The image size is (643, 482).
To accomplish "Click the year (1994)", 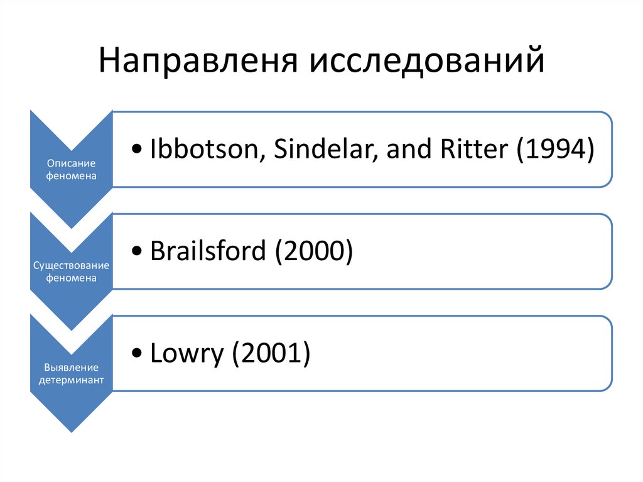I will [x=554, y=151].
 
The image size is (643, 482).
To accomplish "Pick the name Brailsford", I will [x=208, y=252].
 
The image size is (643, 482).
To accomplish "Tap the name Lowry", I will [x=187, y=354].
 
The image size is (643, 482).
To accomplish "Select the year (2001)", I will [x=271, y=354].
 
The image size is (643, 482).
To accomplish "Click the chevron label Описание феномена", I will [x=72, y=169].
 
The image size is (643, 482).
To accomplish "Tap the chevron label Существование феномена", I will [x=72, y=271].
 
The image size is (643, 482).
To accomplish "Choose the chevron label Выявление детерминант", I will [x=72, y=373].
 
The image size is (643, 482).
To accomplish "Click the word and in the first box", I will [x=405, y=151].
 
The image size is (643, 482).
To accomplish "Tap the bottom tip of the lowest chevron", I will [x=72, y=432].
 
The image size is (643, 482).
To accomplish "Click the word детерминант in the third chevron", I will [x=72, y=380].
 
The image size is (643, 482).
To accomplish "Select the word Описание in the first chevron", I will [x=72, y=163].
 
